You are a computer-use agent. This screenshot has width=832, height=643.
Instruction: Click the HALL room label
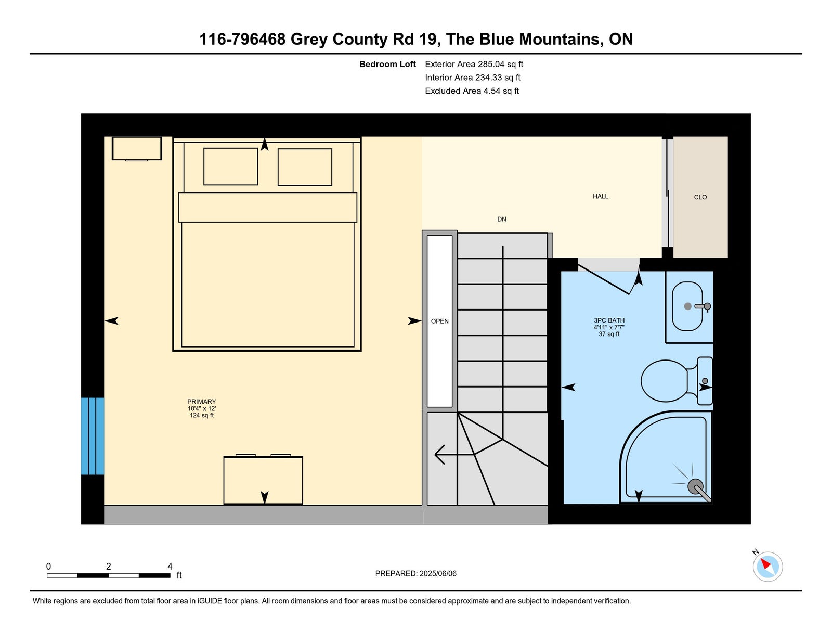pyautogui.click(x=600, y=196)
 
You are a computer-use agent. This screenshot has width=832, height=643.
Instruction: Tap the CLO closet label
pyautogui.click(x=700, y=197)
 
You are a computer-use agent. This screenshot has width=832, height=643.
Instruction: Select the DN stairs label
pyautogui.click(x=501, y=219)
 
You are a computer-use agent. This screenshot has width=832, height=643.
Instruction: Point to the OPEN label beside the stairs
pyautogui.click(x=439, y=321)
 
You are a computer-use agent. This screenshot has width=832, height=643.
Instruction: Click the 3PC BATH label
pyautogui.click(x=609, y=320)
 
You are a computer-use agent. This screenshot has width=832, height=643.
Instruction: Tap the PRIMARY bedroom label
pyautogui.click(x=201, y=401)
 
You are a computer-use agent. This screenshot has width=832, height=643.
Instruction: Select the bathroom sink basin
pyautogui.click(x=687, y=306)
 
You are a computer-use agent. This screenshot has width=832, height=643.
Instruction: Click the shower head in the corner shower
pyautogui.click(x=695, y=486)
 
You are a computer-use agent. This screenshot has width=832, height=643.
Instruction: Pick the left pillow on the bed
pyautogui.click(x=230, y=166)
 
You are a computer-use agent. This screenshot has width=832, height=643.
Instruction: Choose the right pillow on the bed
pyautogui.click(x=304, y=167)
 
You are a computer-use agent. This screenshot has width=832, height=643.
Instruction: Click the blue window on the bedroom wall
pyautogui.click(x=92, y=436)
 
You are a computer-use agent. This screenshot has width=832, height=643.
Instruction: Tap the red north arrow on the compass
pyautogui.click(x=765, y=563)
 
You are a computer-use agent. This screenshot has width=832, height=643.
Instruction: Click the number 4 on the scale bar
pyautogui.click(x=170, y=566)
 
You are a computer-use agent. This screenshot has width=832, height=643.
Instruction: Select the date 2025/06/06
pyautogui.click(x=438, y=573)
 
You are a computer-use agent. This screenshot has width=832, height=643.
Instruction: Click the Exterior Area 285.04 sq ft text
pyautogui.click(x=474, y=64)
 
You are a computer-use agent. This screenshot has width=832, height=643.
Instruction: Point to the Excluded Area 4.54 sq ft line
pyautogui.click(x=472, y=91)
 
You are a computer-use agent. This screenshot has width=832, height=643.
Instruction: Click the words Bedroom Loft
pyautogui.click(x=387, y=64)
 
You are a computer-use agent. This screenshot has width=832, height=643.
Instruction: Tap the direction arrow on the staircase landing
pyautogui.click(x=454, y=454)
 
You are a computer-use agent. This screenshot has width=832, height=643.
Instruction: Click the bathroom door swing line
pyautogui.click(x=603, y=279)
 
